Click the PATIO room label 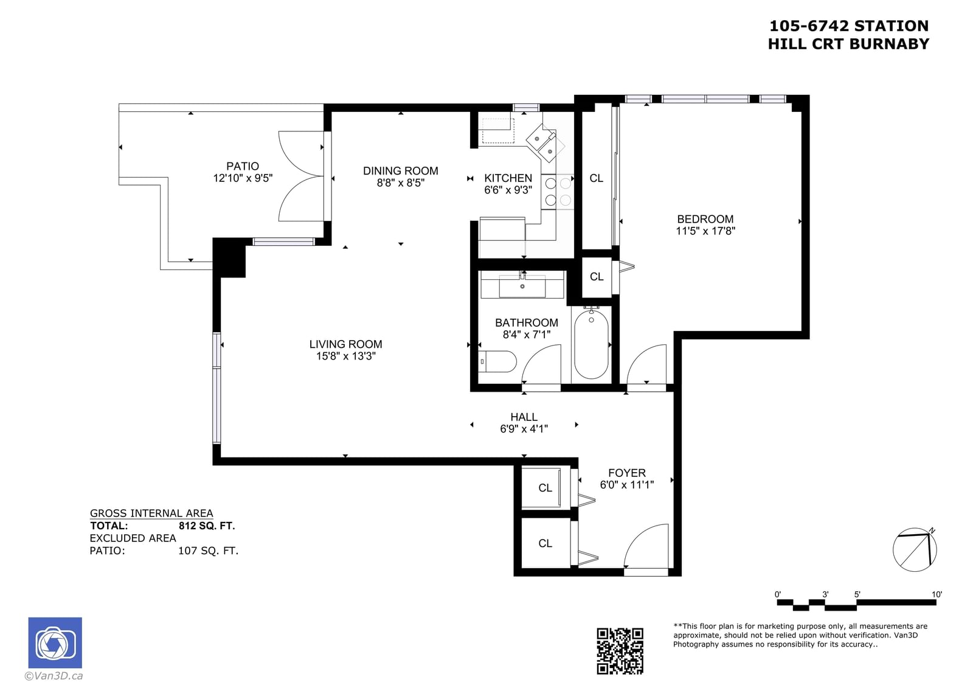243,166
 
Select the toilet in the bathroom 498,361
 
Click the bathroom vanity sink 522,287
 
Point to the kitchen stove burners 558,192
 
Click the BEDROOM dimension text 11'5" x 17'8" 705,231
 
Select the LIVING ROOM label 346,344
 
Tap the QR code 620,651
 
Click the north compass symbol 915,550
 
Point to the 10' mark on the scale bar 937,594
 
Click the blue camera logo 55,643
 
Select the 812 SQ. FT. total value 207,526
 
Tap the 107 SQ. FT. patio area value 208,551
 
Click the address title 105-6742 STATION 849,26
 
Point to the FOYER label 627,473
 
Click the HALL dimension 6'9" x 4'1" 524,429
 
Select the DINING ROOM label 401,171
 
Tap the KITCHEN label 508,178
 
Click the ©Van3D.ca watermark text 54,676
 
